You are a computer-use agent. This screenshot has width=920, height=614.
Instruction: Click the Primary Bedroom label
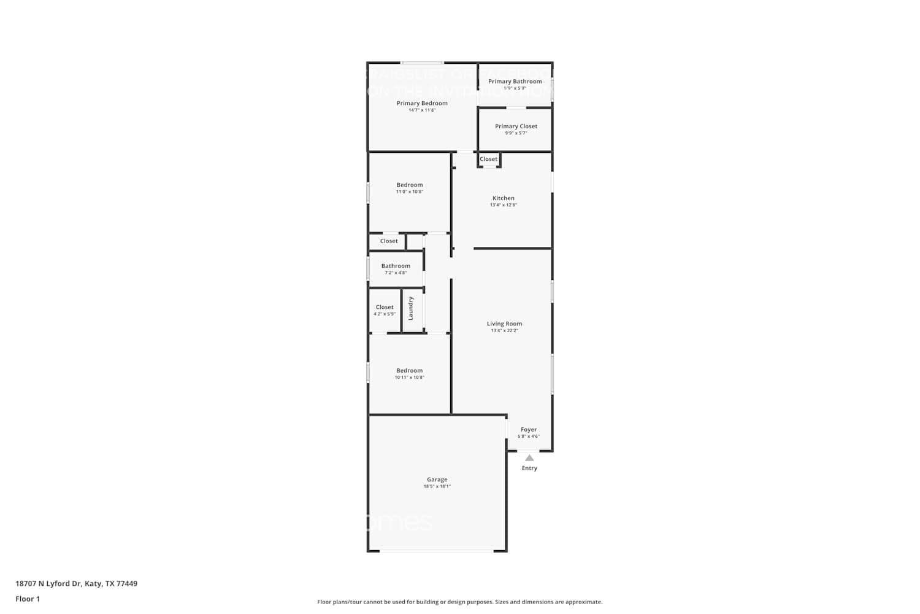pyautogui.click(x=422, y=103)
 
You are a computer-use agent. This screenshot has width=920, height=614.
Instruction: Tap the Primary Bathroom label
pyautogui.click(x=515, y=81)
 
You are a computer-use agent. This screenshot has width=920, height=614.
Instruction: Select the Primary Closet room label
pyautogui.click(x=516, y=126)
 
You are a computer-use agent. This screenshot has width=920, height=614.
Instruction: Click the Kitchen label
pyautogui.click(x=504, y=198)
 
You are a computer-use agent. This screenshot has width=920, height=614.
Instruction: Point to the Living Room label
pyautogui.click(x=504, y=324)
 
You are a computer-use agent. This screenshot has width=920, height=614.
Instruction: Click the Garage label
pyautogui.click(x=437, y=480)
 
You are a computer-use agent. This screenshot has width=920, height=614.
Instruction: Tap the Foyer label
pyautogui.click(x=529, y=430)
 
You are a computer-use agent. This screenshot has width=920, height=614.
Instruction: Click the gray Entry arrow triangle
pyautogui.click(x=529, y=458)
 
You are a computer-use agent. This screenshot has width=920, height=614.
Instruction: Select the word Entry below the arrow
pyautogui.click(x=529, y=468)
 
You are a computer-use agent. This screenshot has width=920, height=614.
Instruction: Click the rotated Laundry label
pyautogui.click(x=411, y=308)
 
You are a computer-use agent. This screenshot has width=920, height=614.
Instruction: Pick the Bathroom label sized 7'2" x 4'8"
pyautogui.click(x=396, y=266)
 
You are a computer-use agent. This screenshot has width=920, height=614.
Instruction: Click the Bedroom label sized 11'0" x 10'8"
pyautogui.click(x=410, y=185)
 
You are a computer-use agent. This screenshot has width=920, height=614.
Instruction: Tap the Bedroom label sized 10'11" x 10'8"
pyautogui.click(x=410, y=370)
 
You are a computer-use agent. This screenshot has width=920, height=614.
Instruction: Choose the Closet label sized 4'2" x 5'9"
pyautogui.click(x=385, y=307)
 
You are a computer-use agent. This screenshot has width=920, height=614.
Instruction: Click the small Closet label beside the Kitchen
pyautogui.click(x=489, y=159)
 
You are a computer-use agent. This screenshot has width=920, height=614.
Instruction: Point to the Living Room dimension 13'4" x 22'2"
pyautogui.click(x=504, y=331)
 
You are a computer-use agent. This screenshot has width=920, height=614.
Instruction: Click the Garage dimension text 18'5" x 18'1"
pyautogui.click(x=437, y=486)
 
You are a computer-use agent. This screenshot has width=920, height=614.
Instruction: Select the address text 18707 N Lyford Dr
pyautogui.click(x=48, y=583)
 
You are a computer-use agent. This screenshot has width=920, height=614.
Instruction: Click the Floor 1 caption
pyautogui.click(x=28, y=599)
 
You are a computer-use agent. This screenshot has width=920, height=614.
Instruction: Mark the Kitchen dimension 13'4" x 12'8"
pyautogui.click(x=504, y=205)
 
